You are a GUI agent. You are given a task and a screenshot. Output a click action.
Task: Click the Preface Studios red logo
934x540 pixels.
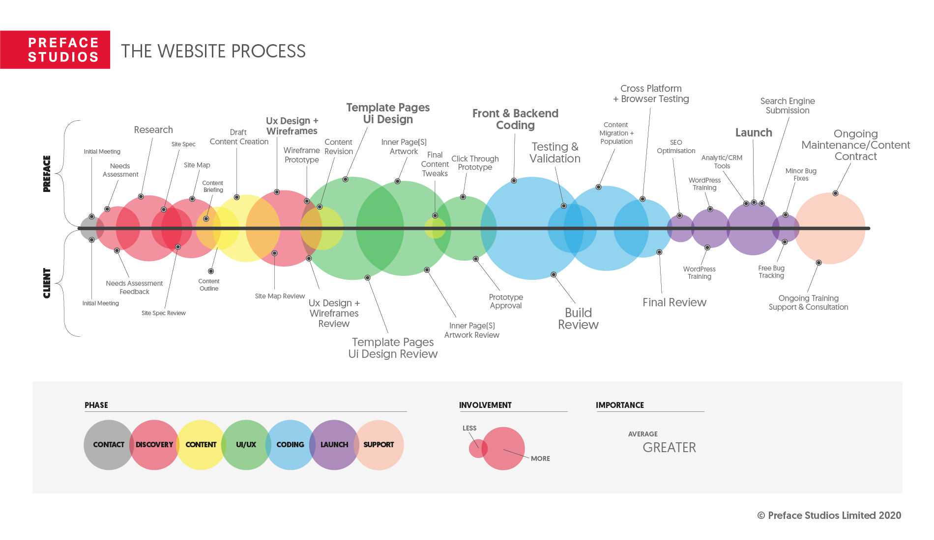point(55,50)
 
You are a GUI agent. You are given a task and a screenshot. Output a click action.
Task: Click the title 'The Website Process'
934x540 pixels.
point(213,51)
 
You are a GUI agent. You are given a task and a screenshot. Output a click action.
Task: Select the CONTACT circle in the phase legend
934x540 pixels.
point(108,445)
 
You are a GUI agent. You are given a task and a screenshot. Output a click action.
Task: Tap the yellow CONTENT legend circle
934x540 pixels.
point(201,445)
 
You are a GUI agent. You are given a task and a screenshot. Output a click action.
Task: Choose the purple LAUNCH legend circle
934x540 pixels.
point(334,445)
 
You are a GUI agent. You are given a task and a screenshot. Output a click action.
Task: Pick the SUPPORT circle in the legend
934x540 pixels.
point(379,445)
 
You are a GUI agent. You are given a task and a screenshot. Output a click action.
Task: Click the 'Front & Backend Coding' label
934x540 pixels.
point(515,119)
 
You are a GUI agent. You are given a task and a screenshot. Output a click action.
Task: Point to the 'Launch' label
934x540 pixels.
point(754,133)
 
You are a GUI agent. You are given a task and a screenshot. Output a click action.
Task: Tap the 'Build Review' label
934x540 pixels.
point(578,319)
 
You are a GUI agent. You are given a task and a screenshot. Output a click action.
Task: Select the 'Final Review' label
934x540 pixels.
point(674,302)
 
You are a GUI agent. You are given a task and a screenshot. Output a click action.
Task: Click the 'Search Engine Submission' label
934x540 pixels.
point(788,106)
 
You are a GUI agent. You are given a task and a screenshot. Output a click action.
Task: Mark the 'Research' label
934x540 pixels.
point(153,130)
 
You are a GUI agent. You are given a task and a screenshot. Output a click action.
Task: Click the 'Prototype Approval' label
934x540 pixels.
point(506,301)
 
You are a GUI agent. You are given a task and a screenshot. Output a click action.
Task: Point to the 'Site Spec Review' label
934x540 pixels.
point(164,313)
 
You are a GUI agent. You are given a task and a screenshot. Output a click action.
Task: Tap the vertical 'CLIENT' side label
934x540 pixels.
point(47,283)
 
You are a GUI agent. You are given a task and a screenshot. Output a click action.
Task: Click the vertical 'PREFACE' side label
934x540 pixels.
point(47,173)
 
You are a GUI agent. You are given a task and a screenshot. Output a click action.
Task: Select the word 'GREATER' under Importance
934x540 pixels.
point(669,448)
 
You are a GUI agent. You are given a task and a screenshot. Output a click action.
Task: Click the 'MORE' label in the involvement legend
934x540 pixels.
point(540,459)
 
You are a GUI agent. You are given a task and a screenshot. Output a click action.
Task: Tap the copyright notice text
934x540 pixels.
point(829,515)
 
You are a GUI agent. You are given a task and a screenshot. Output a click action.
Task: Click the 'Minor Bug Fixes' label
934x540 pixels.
point(801,175)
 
